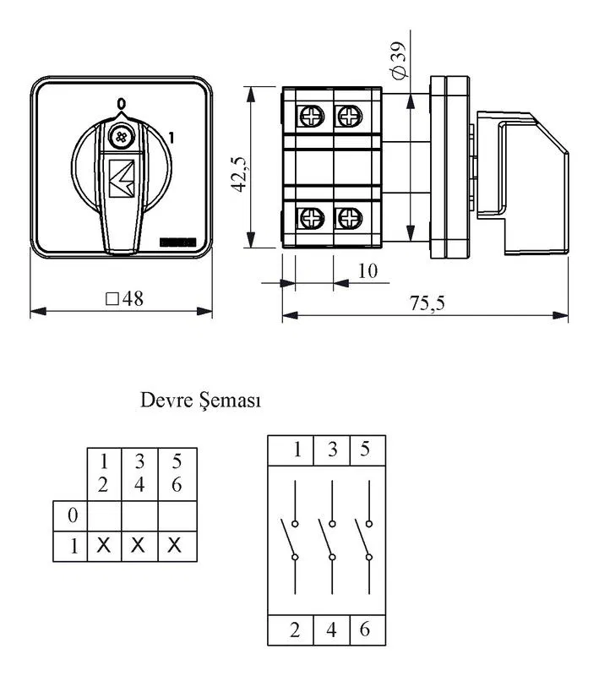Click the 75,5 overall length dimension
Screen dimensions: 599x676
427,303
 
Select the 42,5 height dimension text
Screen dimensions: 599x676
238,173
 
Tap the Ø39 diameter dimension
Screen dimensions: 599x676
398,61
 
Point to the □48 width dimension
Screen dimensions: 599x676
124,298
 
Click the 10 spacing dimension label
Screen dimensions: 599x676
368,270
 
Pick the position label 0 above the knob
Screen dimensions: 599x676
122,103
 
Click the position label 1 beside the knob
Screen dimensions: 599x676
171,139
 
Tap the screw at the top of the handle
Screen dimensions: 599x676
121,137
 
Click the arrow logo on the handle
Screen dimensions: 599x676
122,178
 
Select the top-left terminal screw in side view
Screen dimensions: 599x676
311,116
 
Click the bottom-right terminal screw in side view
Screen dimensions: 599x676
349,218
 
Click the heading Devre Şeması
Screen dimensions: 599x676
200,401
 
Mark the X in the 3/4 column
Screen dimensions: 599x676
138,546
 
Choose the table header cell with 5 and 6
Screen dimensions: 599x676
177,473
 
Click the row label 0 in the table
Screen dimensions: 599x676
73,515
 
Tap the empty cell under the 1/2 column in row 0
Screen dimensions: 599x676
104,516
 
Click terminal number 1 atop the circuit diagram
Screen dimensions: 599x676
297,450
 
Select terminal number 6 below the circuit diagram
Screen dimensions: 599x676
365,629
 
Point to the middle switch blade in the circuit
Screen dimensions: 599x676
325,538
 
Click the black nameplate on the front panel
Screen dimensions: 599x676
178,243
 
